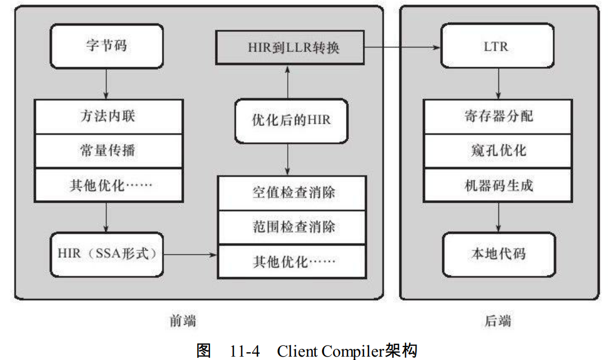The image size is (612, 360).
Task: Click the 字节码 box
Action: tap(106, 45)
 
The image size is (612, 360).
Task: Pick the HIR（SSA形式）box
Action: tap(106, 254)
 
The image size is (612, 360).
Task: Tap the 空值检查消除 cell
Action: tap(292, 193)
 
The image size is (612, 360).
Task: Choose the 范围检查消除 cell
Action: tap(292, 227)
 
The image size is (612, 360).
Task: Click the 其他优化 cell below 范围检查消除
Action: tap(292, 261)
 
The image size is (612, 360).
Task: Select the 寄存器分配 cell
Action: tap(498, 116)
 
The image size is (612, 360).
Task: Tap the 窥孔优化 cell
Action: tap(498, 151)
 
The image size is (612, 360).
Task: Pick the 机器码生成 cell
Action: tap(498, 185)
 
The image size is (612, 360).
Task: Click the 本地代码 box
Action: tap(498, 254)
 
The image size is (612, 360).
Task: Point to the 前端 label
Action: tap(184, 321)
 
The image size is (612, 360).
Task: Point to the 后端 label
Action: tap(497, 321)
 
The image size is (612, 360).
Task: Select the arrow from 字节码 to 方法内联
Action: tap(106, 83)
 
